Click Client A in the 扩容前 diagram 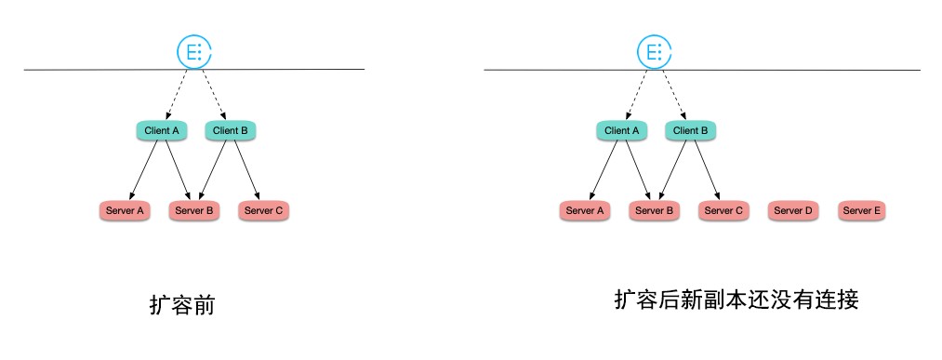tap(162, 130)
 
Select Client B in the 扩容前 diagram tap(230, 130)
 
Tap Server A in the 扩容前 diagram tap(124, 211)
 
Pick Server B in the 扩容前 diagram tap(193, 211)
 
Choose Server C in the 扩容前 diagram tap(263, 211)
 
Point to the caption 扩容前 tap(182, 305)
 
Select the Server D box tap(792, 211)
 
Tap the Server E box tap(861, 211)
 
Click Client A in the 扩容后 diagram tap(622, 130)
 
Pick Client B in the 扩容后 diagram tap(690, 130)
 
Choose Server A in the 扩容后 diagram tap(585, 211)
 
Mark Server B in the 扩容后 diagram tap(654, 211)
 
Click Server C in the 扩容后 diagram tap(723, 211)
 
